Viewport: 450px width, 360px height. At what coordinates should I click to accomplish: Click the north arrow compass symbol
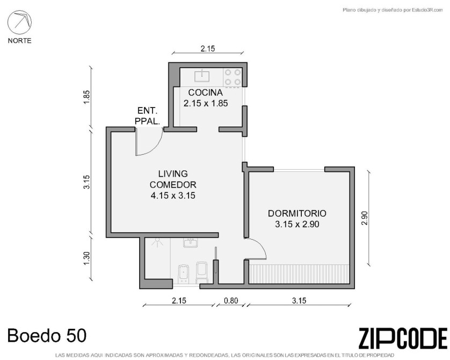click(19, 22)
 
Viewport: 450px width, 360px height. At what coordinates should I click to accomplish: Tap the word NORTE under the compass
click(19, 41)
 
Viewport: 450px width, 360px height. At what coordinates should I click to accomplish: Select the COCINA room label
click(206, 92)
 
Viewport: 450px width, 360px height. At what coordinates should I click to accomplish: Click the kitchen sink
click(202, 76)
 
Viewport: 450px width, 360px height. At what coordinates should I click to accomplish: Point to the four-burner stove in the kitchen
click(233, 77)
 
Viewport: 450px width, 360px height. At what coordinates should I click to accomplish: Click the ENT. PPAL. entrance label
click(147, 116)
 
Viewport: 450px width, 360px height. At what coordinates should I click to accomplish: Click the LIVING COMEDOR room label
click(173, 179)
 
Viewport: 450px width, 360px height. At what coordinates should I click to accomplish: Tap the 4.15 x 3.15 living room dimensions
click(173, 196)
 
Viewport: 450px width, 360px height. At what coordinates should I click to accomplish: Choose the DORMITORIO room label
click(297, 213)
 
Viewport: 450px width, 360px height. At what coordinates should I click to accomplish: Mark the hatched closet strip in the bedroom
click(299, 274)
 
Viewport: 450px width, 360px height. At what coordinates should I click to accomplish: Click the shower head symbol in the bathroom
click(157, 243)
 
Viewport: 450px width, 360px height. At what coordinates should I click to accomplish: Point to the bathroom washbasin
click(190, 243)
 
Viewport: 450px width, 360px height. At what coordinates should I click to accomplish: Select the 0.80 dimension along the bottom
click(231, 300)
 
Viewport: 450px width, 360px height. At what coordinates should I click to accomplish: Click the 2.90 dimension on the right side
click(365, 219)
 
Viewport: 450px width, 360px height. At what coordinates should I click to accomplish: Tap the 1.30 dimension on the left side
click(87, 258)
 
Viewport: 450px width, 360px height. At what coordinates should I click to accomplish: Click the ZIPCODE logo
click(403, 338)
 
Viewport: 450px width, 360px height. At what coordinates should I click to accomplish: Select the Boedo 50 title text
click(47, 335)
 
